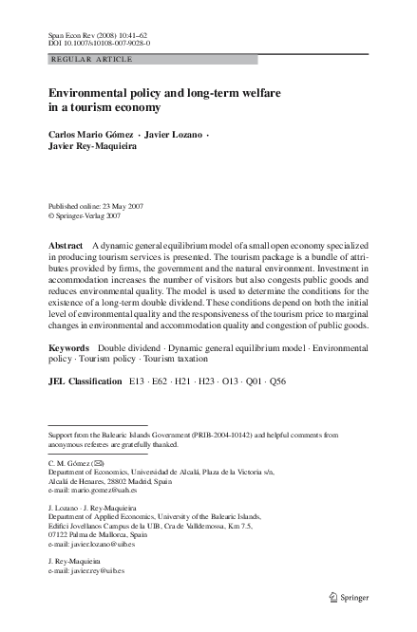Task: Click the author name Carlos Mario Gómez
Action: click(88, 135)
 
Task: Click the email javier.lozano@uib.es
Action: click(101, 545)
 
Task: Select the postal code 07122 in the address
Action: click(61, 535)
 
